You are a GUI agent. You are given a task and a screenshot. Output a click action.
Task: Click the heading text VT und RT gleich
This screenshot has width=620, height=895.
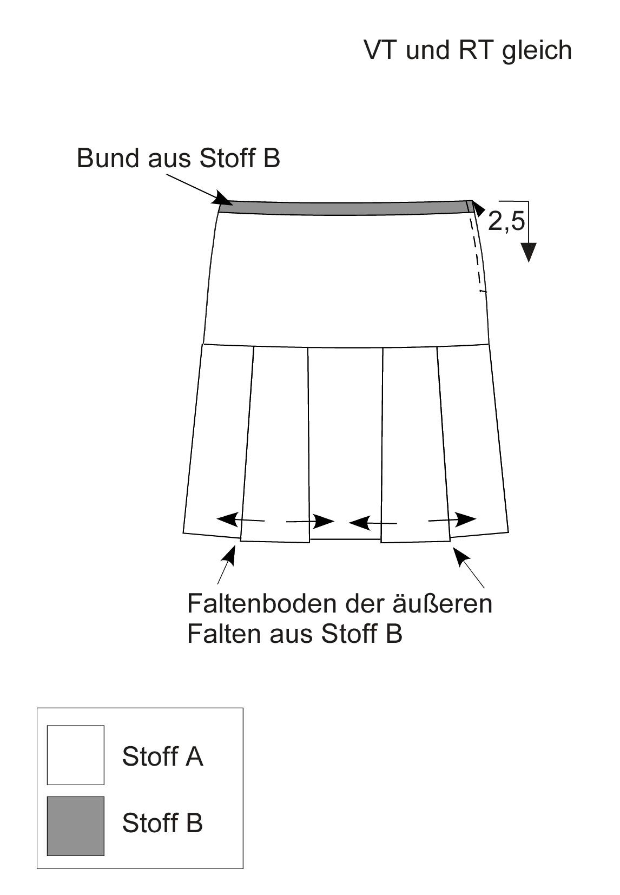[468, 51]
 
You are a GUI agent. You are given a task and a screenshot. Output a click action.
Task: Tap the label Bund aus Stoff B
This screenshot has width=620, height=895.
[178, 158]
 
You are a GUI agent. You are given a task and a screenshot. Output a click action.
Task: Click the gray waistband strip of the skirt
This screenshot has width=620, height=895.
[346, 208]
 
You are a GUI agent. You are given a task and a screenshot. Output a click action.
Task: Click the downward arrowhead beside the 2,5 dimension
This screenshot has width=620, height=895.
[529, 253]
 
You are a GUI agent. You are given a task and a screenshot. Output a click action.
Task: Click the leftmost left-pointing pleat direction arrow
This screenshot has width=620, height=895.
[240, 519]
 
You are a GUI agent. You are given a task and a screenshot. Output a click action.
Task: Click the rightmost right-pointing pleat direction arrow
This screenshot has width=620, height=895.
[452, 519]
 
